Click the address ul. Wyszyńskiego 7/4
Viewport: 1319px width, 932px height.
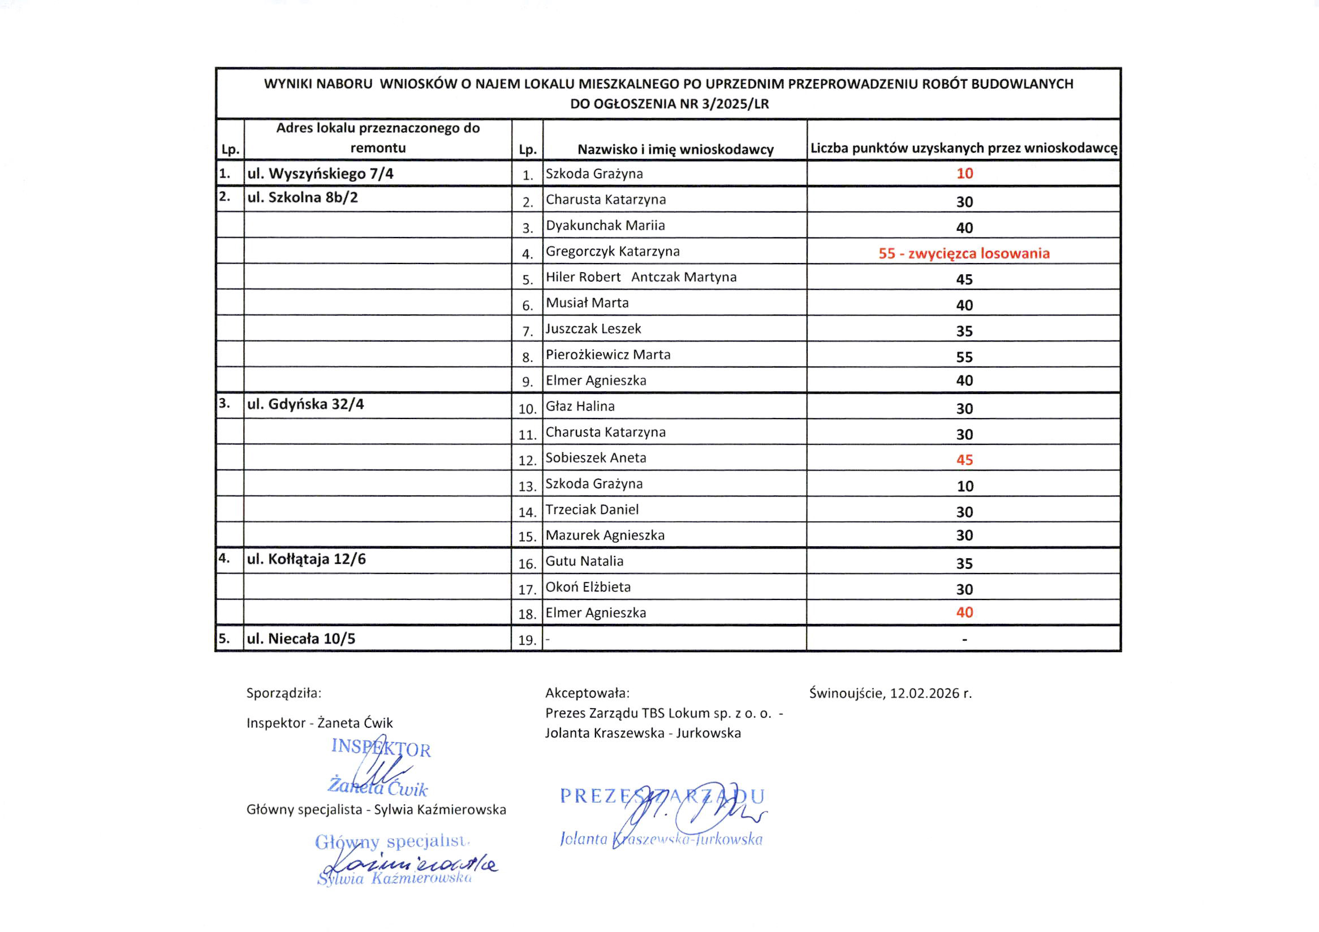[x=320, y=174]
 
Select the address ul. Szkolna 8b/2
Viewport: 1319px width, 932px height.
[x=302, y=197]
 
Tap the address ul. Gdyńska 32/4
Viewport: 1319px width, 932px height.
[x=305, y=404]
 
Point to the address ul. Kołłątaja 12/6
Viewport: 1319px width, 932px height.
[x=306, y=559]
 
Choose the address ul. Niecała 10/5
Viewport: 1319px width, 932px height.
[x=301, y=638]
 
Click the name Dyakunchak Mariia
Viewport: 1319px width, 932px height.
[x=605, y=226]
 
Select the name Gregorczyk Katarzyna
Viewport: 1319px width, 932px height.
[x=613, y=252]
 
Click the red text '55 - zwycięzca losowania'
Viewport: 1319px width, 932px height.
[x=963, y=253]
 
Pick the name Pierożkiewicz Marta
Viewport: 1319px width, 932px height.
[x=608, y=355]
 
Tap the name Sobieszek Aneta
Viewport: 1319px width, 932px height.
[x=596, y=458]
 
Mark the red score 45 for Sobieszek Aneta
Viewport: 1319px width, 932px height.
[x=964, y=460]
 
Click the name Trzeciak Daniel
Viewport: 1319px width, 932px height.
[x=592, y=510]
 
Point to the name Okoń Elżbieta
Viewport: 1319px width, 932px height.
[x=588, y=588]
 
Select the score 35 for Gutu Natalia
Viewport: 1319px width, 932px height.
[x=964, y=563]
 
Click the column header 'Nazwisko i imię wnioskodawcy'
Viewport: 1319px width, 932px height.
[x=675, y=150]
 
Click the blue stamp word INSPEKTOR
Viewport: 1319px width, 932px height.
[x=381, y=748]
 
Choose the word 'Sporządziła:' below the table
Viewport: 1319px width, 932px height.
[x=284, y=693]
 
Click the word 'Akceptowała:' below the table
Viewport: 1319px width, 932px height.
[x=587, y=693]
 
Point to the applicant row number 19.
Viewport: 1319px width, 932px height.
[x=527, y=640]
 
